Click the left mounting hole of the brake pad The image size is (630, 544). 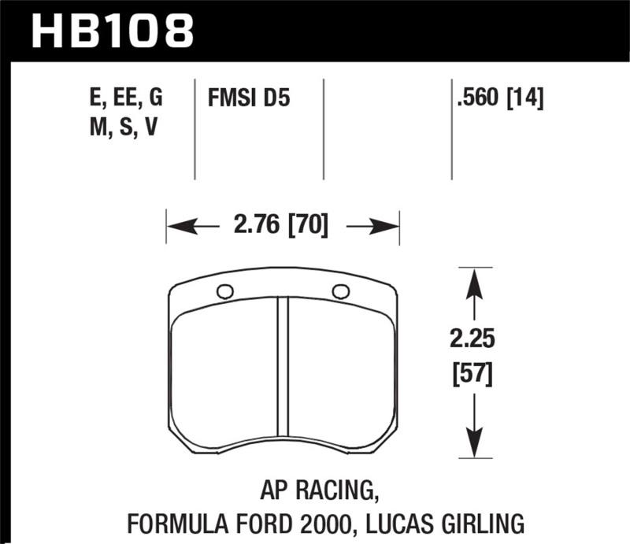coord(224,291)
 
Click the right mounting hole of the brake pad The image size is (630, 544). coord(340,291)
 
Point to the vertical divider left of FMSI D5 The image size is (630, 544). coord(195,128)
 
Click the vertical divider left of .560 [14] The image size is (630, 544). coord(451,128)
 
